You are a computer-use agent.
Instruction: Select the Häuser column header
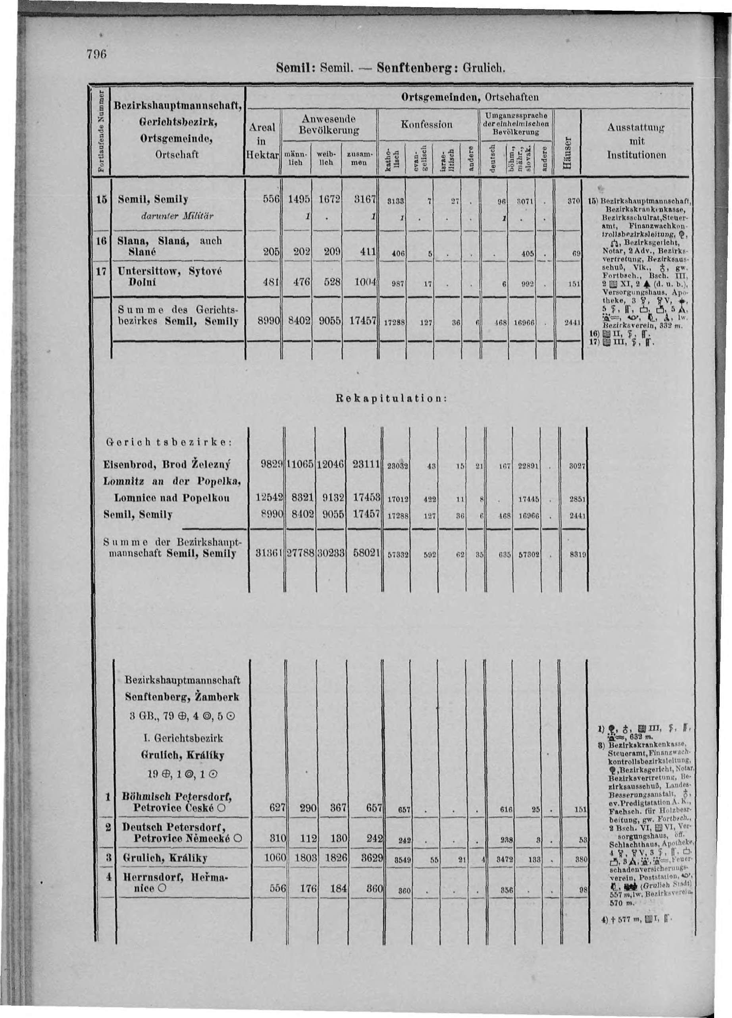[567, 154]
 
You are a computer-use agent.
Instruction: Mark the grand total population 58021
[366, 554]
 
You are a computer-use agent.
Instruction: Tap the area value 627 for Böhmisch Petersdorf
[277, 807]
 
